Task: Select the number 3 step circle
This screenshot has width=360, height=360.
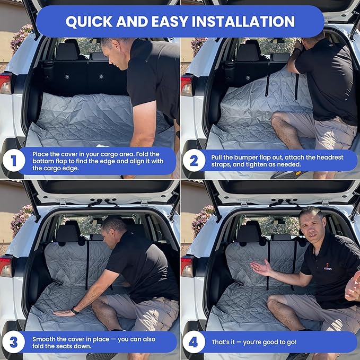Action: [14, 342]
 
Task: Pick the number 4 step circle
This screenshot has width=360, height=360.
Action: [194, 342]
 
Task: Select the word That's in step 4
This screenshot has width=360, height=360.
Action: [223, 342]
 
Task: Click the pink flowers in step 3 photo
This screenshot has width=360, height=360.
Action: [21, 218]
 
